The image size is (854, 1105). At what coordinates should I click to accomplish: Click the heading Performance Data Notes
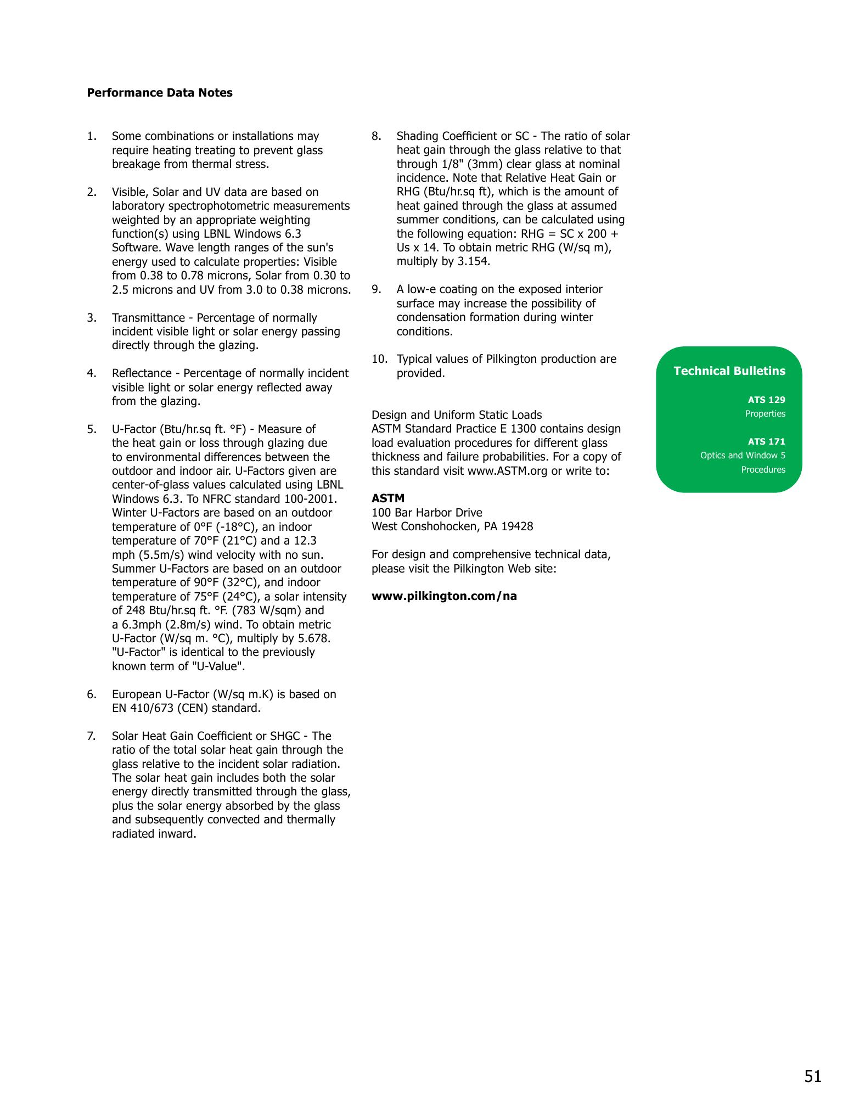click(x=159, y=93)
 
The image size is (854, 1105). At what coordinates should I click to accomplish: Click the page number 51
click(x=813, y=1077)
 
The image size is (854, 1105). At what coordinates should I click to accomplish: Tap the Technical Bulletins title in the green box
click(x=729, y=371)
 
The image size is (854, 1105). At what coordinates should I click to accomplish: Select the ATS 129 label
click(x=766, y=400)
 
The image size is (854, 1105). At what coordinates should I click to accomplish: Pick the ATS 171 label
click(x=766, y=441)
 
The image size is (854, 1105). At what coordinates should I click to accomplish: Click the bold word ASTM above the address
click(x=387, y=498)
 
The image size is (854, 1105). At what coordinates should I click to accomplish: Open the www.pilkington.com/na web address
click(x=444, y=596)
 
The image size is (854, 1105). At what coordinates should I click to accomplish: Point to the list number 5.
click(x=91, y=429)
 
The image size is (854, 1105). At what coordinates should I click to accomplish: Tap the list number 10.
click(x=379, y=359)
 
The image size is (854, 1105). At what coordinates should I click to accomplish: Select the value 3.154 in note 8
click(x=473, y=261)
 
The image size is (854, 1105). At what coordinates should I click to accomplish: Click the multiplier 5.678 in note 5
click(x=312, y=638)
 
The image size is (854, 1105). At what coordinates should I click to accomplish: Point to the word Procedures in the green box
click(x=763, y=470)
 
